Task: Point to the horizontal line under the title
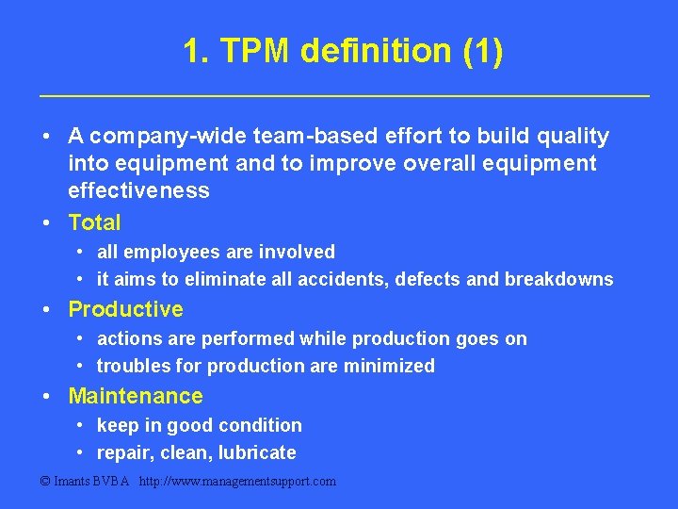coord(344,96)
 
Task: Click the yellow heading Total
coord(94,222)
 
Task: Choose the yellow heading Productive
coord(125,309)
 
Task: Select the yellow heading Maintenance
coord(136,396)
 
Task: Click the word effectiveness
coord(138,191)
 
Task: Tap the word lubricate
coord(257,452)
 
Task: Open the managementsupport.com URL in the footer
coord(237,482)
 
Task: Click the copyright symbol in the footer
coord(46,482)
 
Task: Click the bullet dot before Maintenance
coord(46,396)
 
